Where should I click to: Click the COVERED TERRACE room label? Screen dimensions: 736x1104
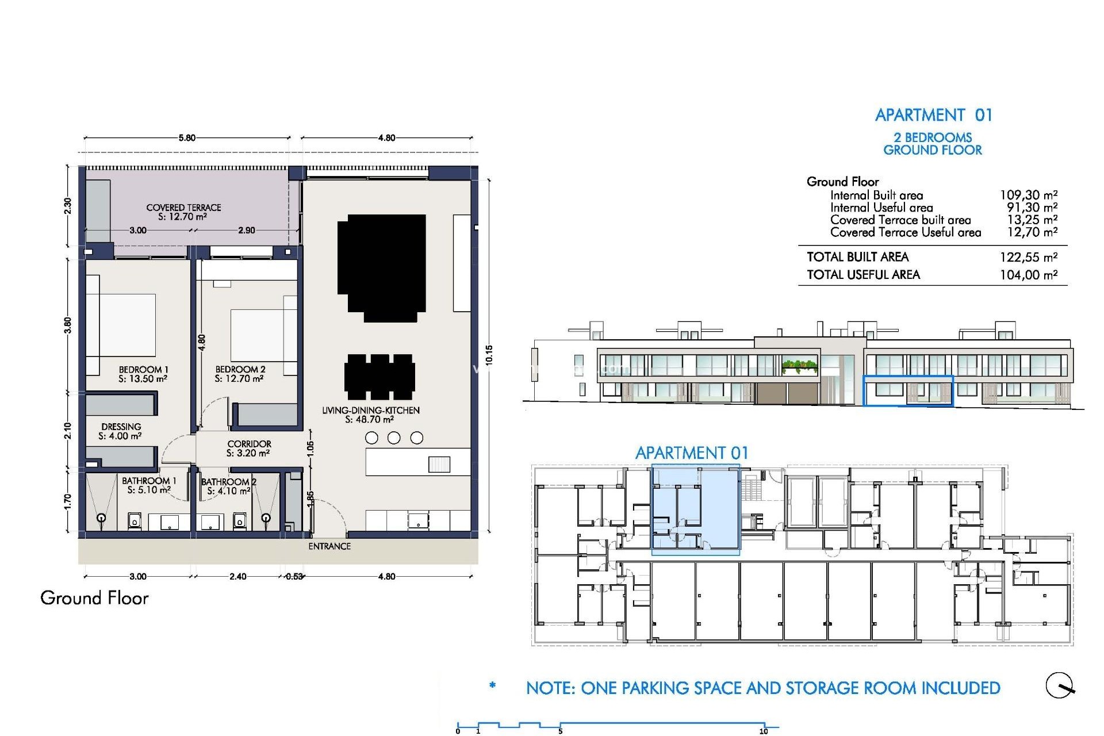tap(183, 208)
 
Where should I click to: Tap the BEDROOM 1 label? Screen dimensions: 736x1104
tap(143, 370)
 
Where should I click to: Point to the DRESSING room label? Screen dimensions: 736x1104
tap(121, 427)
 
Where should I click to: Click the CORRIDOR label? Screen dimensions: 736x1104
tap(249, 444)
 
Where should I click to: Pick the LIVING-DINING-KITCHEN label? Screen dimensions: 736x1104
tap(370, 411)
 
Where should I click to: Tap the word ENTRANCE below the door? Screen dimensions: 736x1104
tap(329, 546)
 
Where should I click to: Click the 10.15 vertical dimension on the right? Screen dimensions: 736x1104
tap(489, 355)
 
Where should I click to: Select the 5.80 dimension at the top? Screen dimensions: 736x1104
tap(187, 138)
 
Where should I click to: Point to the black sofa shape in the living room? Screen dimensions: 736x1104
tap(382, 267)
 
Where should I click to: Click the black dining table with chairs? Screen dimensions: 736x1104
tap(379, 377)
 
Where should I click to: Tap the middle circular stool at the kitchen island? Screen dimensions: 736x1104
tap(394, 438)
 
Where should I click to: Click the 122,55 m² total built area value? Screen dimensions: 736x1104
tap(1028, 257)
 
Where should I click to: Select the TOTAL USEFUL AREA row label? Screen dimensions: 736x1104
tap(863, 275)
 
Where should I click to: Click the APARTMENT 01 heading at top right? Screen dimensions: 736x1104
tap(933, 115)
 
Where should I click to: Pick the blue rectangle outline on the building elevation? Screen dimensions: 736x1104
tap(908, 391)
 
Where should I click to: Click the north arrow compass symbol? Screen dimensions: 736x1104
tap(1060, 685)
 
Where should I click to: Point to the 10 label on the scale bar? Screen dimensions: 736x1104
tap(763, 731)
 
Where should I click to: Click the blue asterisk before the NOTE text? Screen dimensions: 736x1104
tap(492, 685)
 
